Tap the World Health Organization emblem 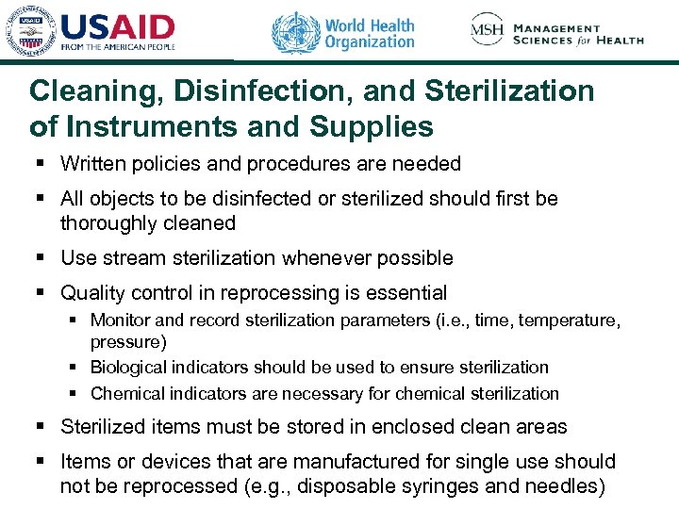[295, 33]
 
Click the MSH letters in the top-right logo [487, 32]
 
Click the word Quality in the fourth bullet [92, 293]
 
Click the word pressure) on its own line [128, 341]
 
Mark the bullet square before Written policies [40, 164]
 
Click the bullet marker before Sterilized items [40, 427]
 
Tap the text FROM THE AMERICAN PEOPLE [118, 47]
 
